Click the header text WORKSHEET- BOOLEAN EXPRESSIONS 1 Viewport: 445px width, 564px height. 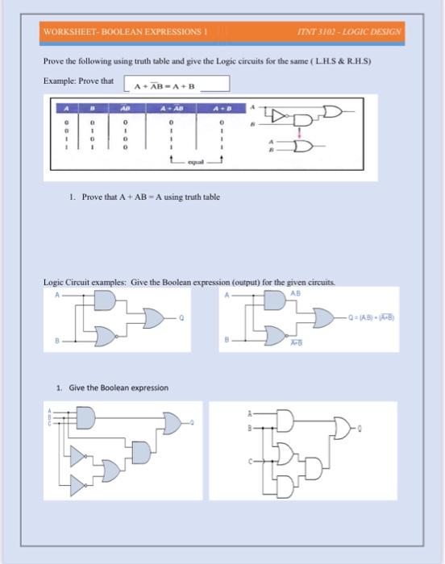pos(126,32)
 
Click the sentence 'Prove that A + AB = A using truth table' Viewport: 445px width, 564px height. pos(144,197)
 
